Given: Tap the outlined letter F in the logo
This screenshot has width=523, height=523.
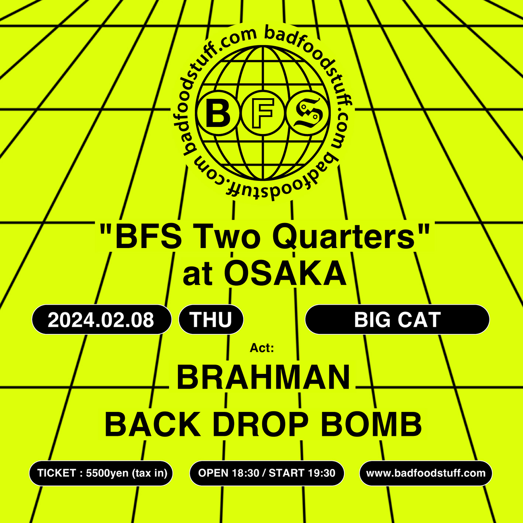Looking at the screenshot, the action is tap(262, 112).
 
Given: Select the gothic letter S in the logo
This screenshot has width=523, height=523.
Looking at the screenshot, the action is tap(308, 112).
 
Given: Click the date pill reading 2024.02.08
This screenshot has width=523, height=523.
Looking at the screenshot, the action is tap(102, 319).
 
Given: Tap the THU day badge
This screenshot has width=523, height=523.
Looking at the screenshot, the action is tap(211, 319).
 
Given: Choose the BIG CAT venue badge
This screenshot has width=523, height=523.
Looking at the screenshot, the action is tap(397, 319).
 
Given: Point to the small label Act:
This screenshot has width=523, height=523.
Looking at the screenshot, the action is tap(261, 348).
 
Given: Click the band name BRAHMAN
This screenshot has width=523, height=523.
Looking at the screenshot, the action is tap(263, 377).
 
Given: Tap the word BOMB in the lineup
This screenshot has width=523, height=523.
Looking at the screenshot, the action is tap(371, 424).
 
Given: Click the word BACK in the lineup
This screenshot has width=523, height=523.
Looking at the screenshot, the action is tap(153, 424).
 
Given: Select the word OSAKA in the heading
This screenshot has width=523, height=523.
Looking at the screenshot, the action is tap(285, 273).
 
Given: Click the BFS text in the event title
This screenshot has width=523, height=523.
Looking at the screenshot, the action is tap(148, 238).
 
